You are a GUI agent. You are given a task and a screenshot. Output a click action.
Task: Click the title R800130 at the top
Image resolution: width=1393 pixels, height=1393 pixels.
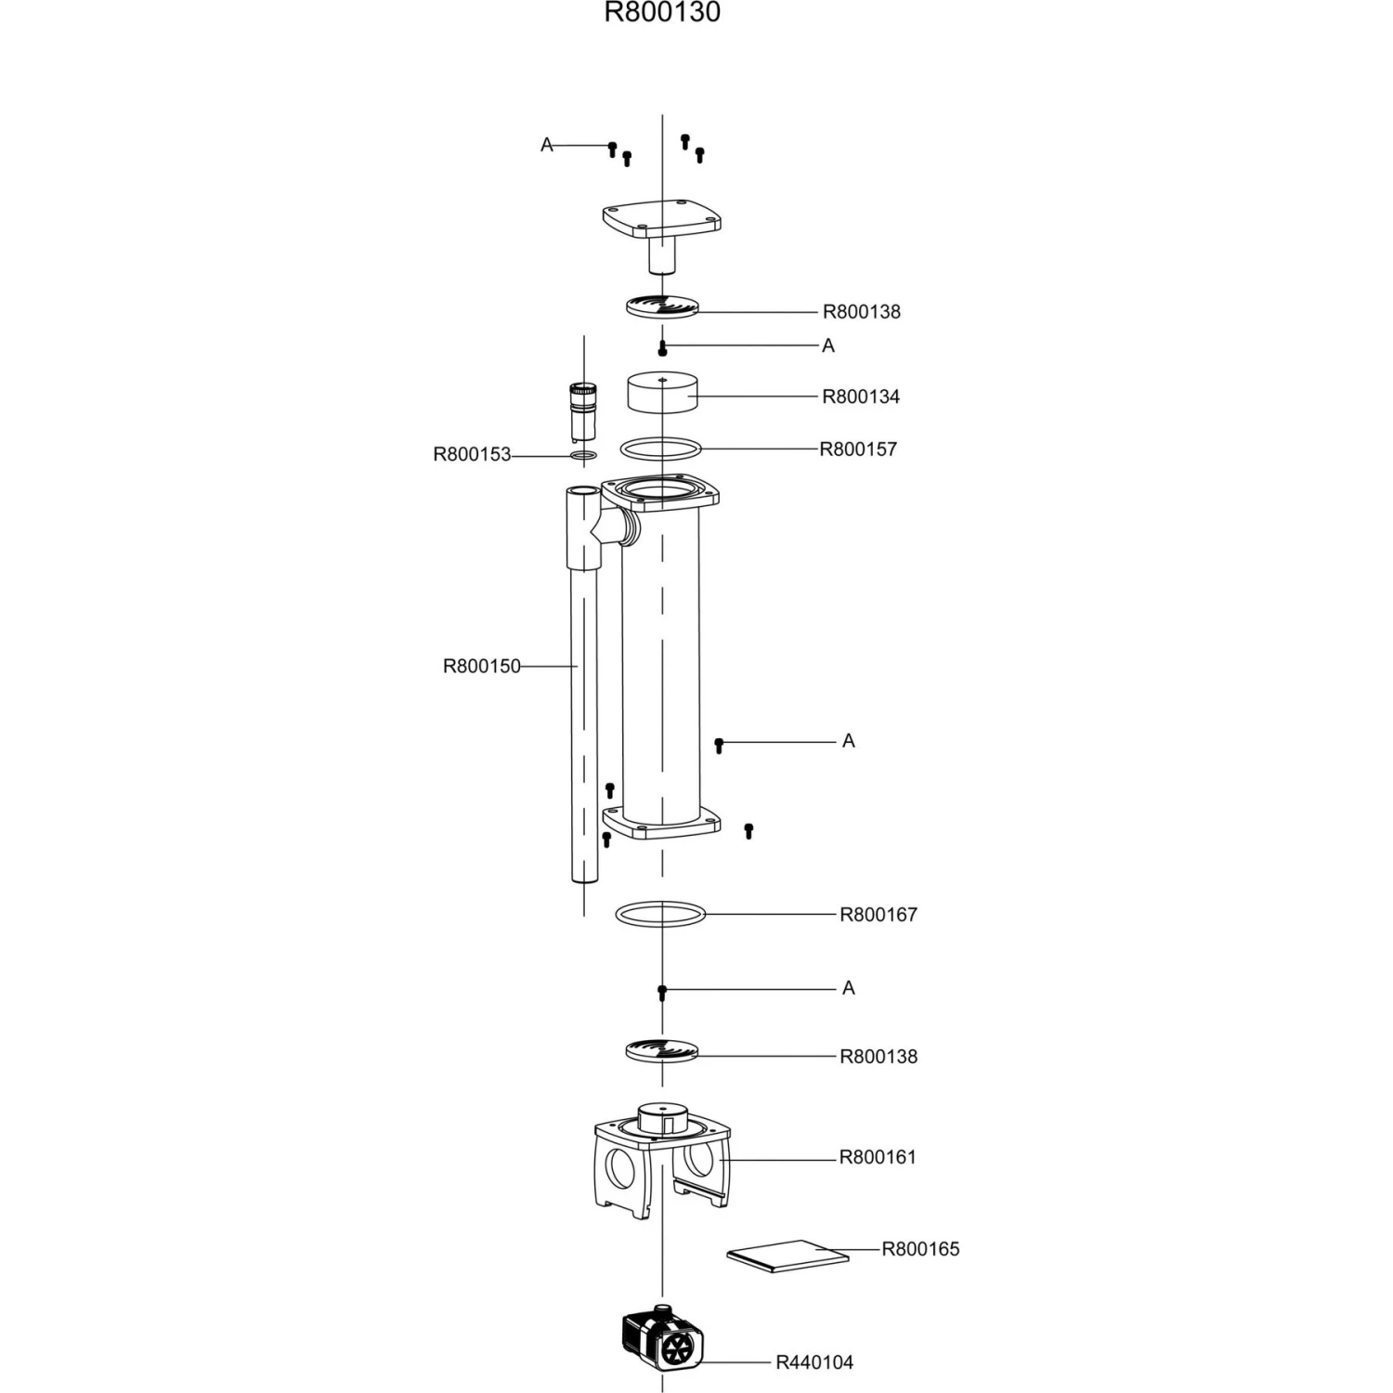click(662, 13)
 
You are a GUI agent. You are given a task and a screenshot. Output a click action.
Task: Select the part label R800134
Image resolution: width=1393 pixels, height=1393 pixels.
click(861, 397)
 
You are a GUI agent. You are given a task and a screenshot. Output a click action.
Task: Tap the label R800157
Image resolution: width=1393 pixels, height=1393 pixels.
click(858, 449)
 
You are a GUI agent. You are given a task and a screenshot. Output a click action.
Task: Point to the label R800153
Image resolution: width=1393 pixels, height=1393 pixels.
click(472, 455)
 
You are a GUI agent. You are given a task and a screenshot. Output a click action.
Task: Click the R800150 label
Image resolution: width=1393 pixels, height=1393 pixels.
click(481, 666)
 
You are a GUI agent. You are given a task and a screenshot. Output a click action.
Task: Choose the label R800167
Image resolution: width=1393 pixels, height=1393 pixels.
click(879, 915)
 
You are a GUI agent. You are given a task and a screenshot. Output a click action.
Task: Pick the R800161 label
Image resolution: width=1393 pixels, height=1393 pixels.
click(878, 1157)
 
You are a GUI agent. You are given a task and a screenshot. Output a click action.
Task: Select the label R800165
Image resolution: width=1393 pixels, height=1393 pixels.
click(920, 1249)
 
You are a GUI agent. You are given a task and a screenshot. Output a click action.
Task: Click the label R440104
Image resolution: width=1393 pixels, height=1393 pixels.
click(814, 1362)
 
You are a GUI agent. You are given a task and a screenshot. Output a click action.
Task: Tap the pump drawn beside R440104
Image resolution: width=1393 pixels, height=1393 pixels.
click(663, 1338)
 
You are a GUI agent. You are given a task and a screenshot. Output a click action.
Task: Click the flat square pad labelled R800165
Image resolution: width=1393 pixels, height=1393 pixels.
click(788, 1256)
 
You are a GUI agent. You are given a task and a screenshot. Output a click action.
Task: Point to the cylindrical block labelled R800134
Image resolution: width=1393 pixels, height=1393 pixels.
click(661, 392)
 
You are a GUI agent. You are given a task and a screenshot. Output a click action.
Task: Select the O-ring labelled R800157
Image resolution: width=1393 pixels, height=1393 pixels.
click(660, 449)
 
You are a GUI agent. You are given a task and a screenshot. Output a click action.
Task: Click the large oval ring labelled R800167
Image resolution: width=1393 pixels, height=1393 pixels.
click(660, 914)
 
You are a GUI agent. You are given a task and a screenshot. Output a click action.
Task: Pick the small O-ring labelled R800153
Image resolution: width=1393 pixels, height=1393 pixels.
click(583, 455)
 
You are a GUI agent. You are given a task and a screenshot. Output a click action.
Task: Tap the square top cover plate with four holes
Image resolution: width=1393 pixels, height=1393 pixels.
click(661, 220)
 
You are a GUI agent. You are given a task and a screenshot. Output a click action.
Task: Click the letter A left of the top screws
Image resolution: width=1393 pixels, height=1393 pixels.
click(547, 145)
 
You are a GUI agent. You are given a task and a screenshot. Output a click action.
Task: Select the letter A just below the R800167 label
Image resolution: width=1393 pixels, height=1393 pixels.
click(848, 988)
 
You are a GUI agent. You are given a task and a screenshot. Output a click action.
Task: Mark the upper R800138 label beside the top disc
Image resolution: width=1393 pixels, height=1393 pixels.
click(862, 312)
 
